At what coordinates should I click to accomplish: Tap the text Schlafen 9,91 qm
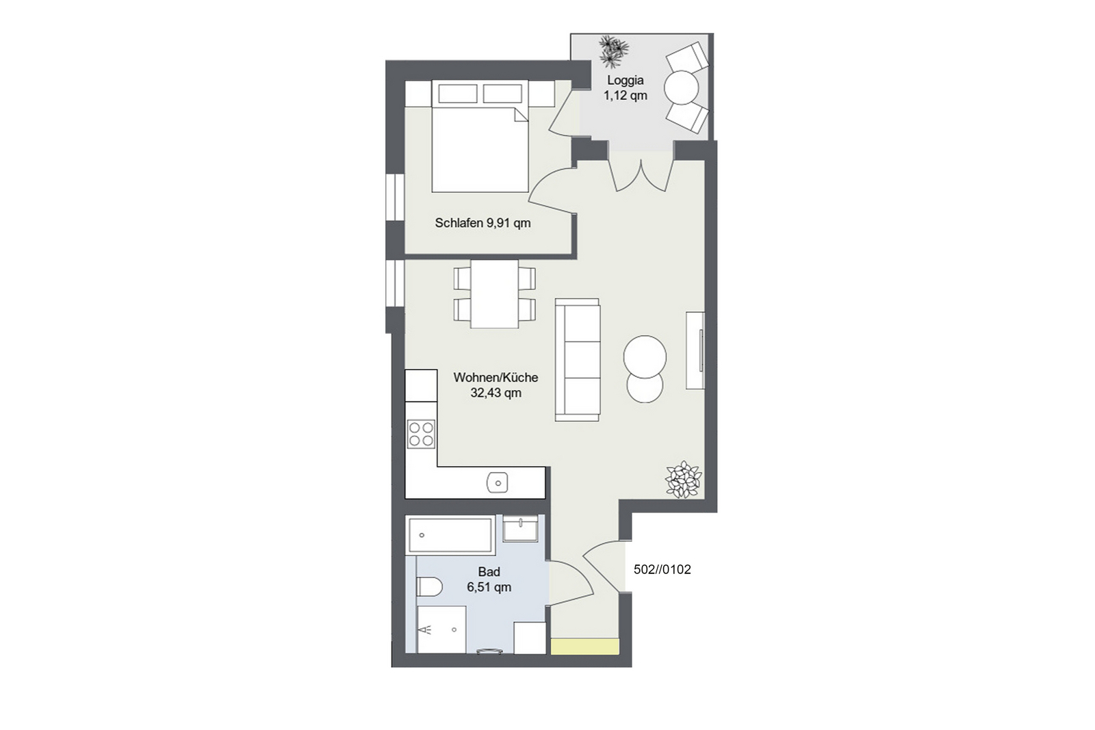tap(482, 223)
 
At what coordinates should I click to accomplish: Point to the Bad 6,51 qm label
tap(489, 579)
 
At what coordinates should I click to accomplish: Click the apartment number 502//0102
tap(662, 569)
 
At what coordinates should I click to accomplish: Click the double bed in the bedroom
tap(480, 136)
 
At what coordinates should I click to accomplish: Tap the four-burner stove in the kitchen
tap(422, 434)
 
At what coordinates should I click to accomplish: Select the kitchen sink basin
tap(498, 483)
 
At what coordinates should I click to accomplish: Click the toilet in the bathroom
tap(429, 586)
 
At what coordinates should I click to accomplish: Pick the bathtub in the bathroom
tap(450, 535)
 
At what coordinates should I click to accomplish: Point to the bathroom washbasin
tap(521, 528)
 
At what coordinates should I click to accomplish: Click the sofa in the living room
tap(578, 360)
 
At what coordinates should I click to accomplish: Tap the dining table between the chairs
tap(494, 294)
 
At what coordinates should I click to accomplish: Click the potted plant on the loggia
tap(613, 51)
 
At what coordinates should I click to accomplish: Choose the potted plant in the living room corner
tap(684, 480)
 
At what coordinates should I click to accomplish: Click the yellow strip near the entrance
tap(585, 646)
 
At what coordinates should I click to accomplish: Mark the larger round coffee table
tap(645, 356)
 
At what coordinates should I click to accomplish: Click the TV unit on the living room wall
tap(695, 350)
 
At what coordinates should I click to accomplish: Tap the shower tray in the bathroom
tap(441, 630)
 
